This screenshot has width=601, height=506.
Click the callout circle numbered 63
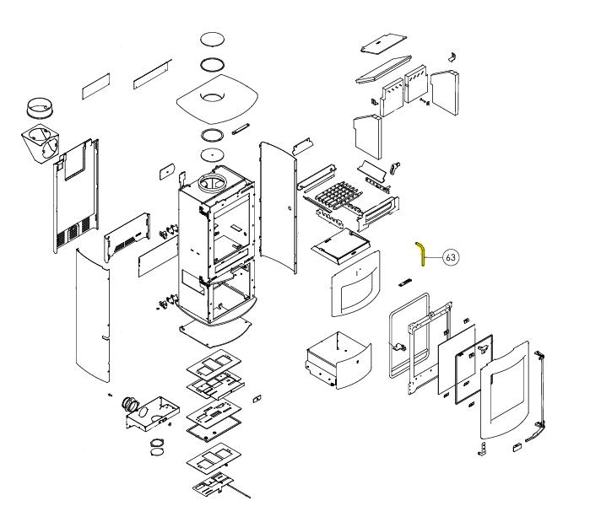coord(450,257)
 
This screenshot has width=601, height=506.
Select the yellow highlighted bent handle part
coord(420,250)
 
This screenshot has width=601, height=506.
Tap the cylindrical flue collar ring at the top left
coord(41,108)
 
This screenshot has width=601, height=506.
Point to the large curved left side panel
coord(93,320)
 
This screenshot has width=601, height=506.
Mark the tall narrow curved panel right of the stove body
coord(279,211)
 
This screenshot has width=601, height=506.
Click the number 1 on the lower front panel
coord(358,273)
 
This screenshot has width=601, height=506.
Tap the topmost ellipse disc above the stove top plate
coord(212,40)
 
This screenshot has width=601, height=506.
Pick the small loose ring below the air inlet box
coord(157,444)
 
